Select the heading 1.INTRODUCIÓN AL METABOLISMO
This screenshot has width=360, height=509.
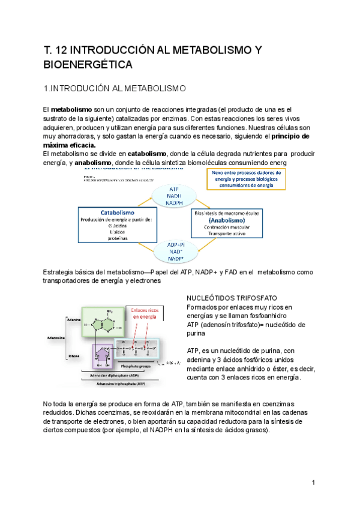coord(116,89)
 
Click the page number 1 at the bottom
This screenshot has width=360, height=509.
coord(313,483)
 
